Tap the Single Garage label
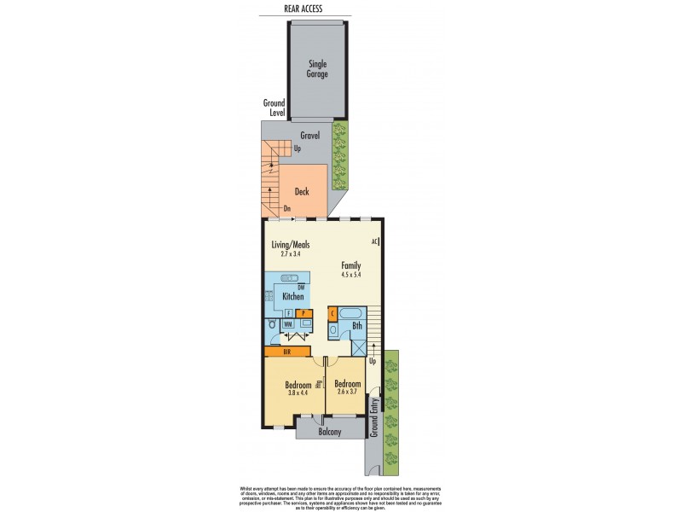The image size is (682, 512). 317,67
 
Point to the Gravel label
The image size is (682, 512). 309,136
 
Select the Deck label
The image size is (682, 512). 302,191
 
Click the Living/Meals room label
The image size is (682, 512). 285,244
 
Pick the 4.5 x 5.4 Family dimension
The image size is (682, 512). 351,275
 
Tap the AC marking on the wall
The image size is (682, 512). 374,241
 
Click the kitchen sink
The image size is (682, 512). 288,278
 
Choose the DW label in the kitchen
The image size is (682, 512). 301,288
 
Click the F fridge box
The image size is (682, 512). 287,313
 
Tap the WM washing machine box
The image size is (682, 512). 288,324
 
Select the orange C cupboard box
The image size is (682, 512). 332,313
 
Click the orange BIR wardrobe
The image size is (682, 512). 287,351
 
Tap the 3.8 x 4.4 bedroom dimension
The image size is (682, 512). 298,393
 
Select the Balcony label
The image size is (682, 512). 329,432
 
